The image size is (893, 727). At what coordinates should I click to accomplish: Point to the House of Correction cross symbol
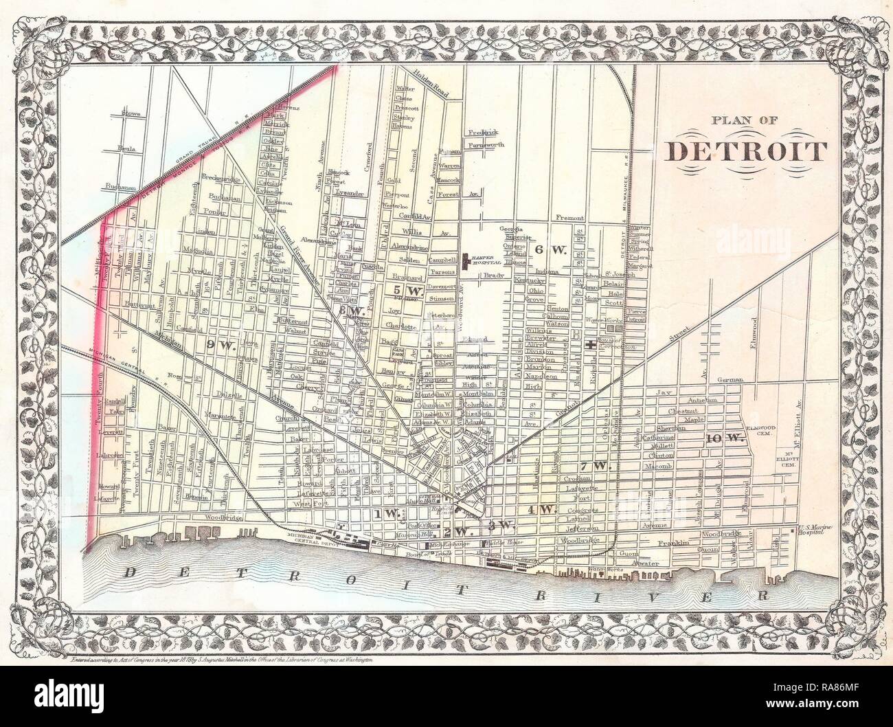tap(591, 346)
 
